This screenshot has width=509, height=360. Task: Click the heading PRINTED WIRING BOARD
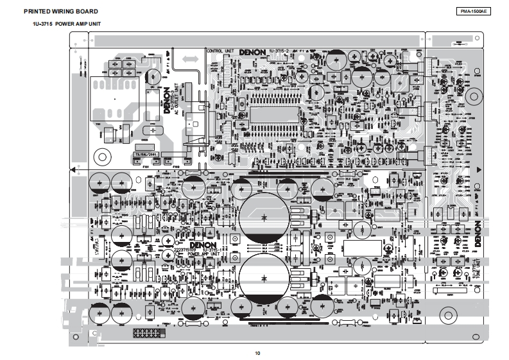(x=60, y=12)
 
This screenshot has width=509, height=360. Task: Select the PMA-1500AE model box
(x=473, y=12)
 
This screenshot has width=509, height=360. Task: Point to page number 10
(x=257, y=352)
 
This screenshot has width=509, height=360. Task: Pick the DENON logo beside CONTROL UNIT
(x=253, y=51)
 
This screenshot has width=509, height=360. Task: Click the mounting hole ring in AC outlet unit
(x=101, y=156)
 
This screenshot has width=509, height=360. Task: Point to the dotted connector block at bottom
(x=148, y=334)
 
